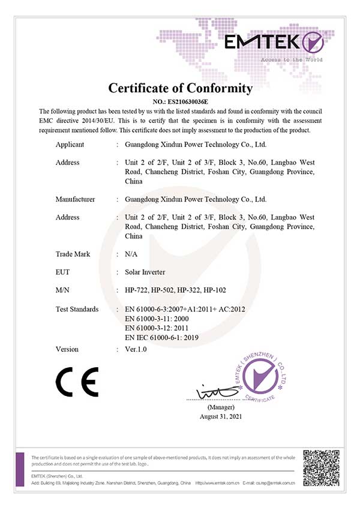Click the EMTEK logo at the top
274,43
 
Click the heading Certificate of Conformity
180,88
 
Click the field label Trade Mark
73,254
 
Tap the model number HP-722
137,291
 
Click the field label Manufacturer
75,199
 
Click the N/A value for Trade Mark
131,254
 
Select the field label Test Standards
77,310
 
